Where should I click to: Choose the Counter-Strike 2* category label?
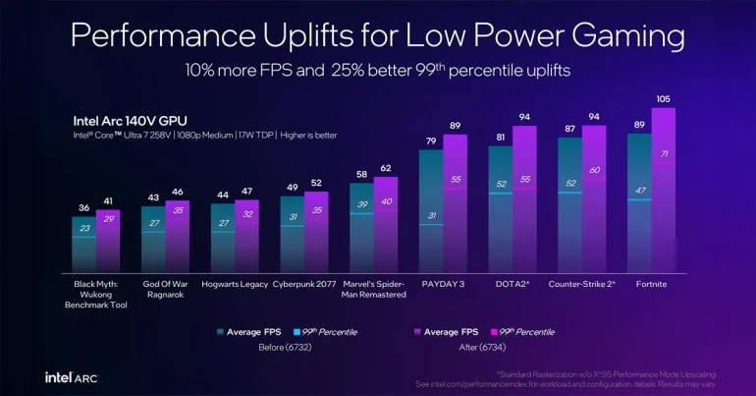coord(581,284)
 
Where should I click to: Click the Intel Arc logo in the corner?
coord(70,376)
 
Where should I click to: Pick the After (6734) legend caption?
coord(477,347)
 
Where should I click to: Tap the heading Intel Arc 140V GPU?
coord(132,121)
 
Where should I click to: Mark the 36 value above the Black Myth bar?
coord(82,208)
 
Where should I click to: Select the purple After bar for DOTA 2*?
coord(524,197)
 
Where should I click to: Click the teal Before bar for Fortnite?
coord(639,201)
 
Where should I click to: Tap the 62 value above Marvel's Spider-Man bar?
coord(385,168)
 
